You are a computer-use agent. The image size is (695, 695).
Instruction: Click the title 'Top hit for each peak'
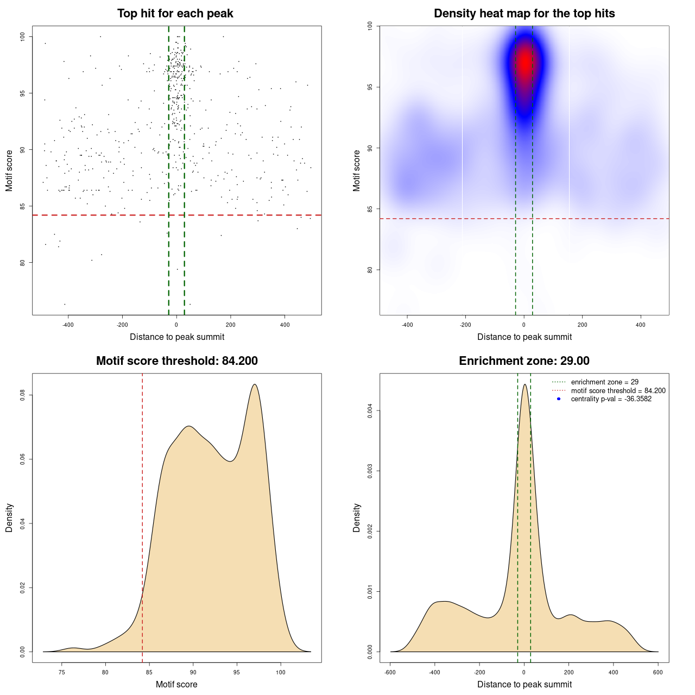(175, 14)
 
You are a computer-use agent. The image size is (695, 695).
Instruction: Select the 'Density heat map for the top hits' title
(524, 14)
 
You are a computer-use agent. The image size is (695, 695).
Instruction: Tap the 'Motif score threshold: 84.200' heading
(176, 361)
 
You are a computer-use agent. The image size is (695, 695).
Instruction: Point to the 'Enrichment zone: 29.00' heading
(524, 361)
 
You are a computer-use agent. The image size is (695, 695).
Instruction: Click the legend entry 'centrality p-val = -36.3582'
(611, 399)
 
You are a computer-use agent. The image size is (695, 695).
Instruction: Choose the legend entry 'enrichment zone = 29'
(604, 382)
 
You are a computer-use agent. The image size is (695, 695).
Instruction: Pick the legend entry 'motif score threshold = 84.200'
(618, 391)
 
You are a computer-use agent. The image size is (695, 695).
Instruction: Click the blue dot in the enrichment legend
(559, 399)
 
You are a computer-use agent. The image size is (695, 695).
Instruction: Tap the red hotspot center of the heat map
(525, 62)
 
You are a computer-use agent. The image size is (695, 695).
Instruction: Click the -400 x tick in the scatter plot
(68, 325)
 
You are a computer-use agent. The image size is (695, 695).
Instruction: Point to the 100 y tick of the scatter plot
(22, 36)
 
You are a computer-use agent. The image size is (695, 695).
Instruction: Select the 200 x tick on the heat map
(582, 325)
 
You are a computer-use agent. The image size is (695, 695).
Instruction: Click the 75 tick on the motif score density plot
(62, 672)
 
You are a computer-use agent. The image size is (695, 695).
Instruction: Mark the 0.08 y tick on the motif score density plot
(22, 395)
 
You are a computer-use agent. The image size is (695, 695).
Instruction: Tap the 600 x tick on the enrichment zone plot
(658, 672)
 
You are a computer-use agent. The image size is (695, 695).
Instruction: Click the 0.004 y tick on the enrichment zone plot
(370, 411)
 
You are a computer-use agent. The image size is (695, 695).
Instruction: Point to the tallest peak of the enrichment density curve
(525, 384)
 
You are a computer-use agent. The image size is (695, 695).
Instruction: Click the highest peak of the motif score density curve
(254, 384)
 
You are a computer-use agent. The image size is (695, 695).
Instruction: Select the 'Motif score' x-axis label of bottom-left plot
(176, 684)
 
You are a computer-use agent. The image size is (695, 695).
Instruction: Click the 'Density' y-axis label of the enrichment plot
(357, 517)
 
